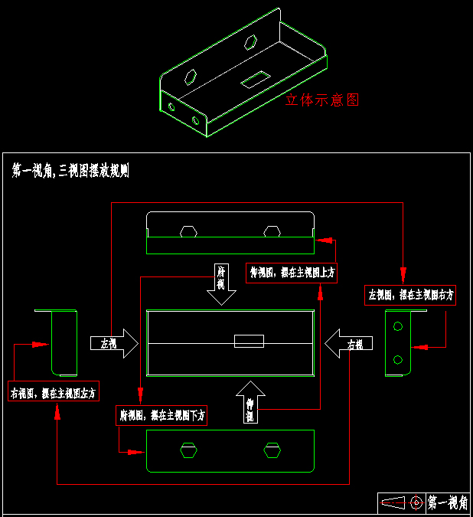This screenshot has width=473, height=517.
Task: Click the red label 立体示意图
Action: (321, 100)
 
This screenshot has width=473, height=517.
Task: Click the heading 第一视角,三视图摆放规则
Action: (70, 171)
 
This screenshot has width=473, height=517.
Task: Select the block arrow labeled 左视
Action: (113, 344)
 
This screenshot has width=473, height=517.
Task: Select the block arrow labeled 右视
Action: (347, 343)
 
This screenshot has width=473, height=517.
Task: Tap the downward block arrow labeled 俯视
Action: (221, 284)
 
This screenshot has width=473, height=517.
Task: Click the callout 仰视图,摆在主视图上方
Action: (292, 272)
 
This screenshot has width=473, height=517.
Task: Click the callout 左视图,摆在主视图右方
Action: (410, 294)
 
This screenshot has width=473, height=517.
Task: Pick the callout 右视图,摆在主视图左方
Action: (54, 392)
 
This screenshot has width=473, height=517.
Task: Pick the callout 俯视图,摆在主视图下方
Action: (162, 415)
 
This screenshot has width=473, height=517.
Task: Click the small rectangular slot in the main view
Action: (249, 341)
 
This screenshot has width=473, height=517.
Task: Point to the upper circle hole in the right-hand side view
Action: (397, 327)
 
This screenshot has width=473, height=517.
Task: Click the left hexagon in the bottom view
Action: (188, 450)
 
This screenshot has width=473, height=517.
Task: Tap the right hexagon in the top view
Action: (272, 231)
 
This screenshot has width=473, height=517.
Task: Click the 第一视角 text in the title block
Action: (448, 503)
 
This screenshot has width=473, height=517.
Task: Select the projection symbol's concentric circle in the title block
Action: (416, 503)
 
